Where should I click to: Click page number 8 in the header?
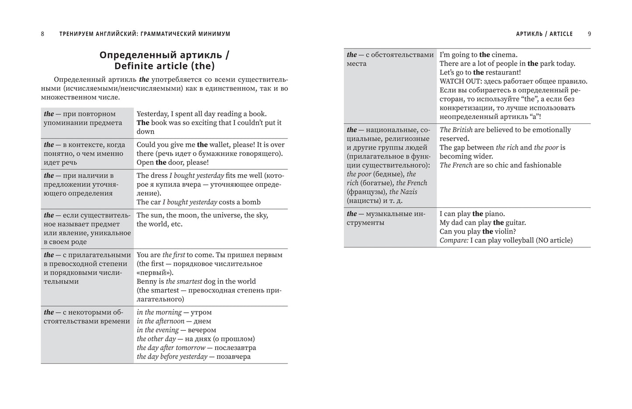42,34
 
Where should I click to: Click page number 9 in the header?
589,34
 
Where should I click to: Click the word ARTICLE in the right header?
561,34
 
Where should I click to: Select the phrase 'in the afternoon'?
161,321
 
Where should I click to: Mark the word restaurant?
502,73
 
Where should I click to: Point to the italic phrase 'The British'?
456,130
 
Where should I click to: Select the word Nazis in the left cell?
409,192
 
